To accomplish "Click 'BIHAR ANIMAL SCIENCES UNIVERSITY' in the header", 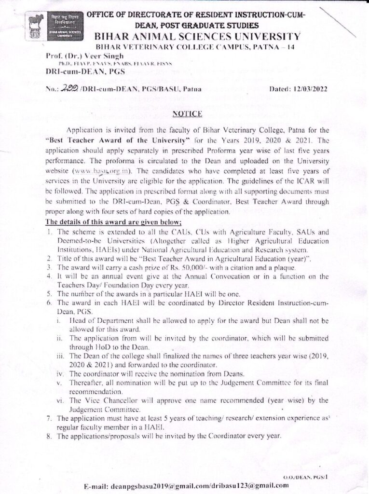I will [x=198, y=36].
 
